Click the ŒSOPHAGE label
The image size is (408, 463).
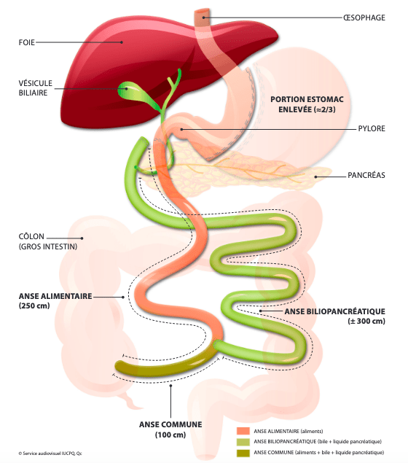tap(364, 17)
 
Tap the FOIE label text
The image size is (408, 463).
tap(26, 42)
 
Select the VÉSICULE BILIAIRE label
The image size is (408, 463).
tap(36, 88)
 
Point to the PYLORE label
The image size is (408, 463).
tap(372, 129)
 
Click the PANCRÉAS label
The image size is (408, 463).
tap(366, 175)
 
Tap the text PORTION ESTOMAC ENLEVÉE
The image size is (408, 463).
tap(307, 104)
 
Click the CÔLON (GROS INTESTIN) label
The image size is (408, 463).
tap(48, 241)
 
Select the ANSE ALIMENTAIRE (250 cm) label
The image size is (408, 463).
tap(55, 301)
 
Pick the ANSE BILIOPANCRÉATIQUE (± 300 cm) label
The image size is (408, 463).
tap(335, 316)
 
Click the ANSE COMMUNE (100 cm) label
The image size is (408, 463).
tap(170, 429)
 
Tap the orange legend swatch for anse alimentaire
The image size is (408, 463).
tap(243, 431)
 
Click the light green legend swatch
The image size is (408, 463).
tap(243, 442)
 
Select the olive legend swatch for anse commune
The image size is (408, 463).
tap(243, 452)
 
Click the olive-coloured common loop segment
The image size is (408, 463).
tap(165, 362)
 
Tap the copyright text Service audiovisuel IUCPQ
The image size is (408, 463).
tap(50, 454)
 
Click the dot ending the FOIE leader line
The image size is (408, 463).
tap(122, 42)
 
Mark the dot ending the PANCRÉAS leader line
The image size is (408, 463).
tap(315, 177)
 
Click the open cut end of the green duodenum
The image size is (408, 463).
tap(144, 141)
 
